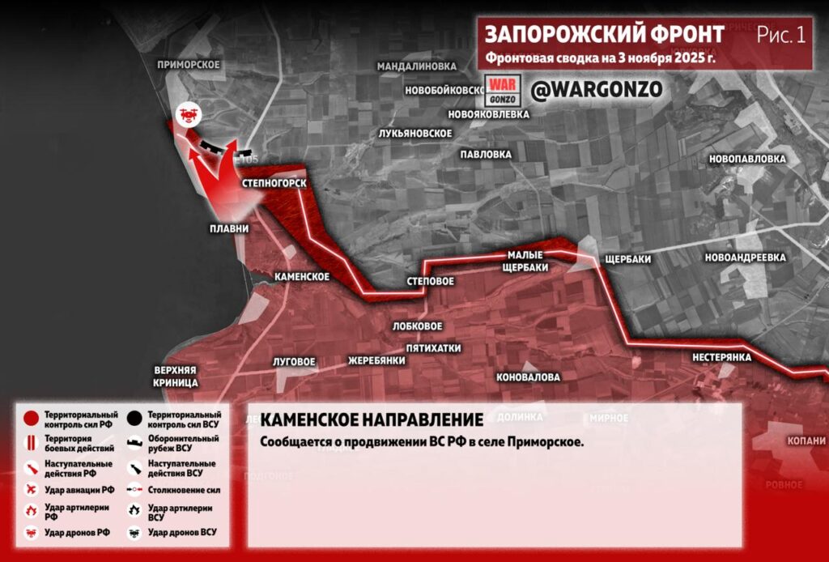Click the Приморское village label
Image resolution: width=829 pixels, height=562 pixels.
tap(189, 65)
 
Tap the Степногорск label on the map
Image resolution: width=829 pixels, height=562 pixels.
tap(274, 185)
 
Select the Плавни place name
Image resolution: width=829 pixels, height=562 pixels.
tap(229, 229)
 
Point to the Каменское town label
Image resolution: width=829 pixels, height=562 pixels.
tap(302, 277)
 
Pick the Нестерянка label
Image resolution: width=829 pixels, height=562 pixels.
tap(722, 357)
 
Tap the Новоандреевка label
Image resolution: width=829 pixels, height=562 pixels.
tap(746, 258)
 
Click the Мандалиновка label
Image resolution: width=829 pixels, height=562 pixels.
tap(417, 66)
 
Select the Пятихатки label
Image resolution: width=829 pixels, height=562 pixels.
tap(433, 348)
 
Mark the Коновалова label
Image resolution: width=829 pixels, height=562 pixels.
tap(528, 377)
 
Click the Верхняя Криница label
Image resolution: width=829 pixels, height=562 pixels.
tap(176, 375)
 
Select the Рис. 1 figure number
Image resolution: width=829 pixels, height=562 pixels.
tap(781, 36)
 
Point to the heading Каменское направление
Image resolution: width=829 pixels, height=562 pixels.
tap(372, 420)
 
